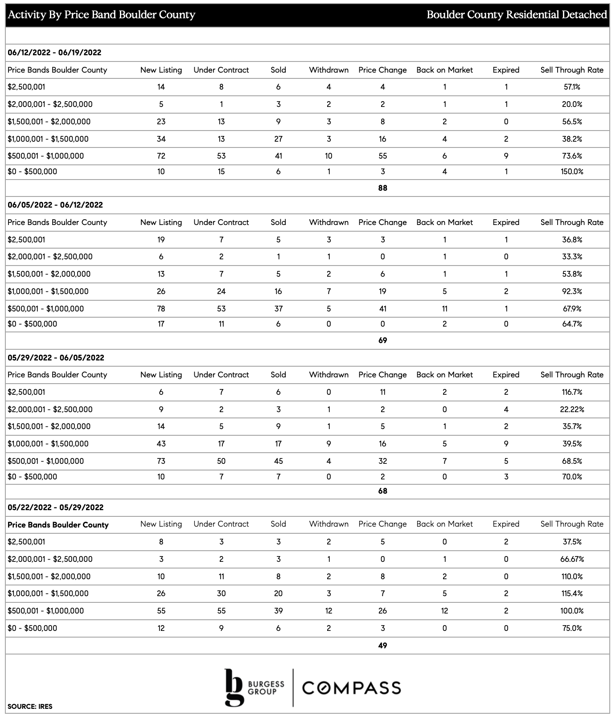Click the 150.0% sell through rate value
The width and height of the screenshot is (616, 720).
(x=572, y=172)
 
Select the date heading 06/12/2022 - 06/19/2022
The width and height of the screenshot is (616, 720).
(x=54, y=53)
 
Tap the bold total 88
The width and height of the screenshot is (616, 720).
(x=382, y=188)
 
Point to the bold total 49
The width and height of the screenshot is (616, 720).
(x=382, y=646)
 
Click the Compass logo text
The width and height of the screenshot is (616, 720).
(x=352, y=687)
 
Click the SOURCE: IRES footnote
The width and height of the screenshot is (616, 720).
(x=30, y=707)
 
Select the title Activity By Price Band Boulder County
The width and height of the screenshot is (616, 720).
(x=102, y=15)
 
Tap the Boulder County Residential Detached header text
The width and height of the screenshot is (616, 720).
(x=517, y=15)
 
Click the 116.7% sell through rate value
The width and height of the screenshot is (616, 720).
(x=572, y=392)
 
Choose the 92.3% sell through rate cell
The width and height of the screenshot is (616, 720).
(x=572, y=291)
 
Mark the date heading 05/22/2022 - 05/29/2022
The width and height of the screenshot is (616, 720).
(x=55, y=507)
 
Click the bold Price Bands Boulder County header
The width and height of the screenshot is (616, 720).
(x=58, y=525)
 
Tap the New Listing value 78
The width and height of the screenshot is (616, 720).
(x=161, y=309)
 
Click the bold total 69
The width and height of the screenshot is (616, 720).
(x=382, y=340)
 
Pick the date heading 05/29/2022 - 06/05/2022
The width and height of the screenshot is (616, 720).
(x=56, y=358)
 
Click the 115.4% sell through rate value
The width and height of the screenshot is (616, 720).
(x=572, y=593)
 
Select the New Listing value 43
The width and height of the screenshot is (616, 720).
(x=161, y=444)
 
